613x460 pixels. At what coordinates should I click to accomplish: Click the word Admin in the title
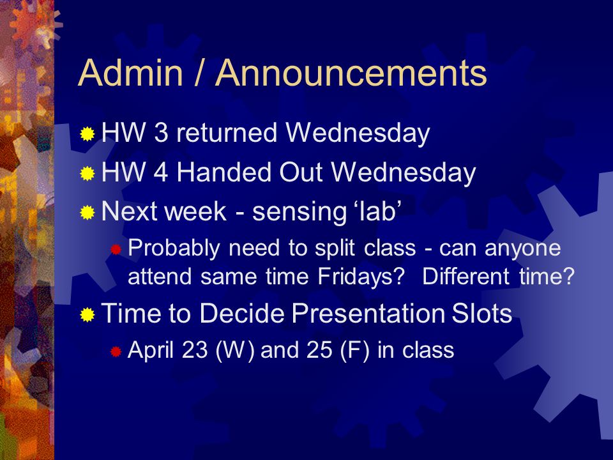[131, 73]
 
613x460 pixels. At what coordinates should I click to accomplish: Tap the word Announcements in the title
[351, 73]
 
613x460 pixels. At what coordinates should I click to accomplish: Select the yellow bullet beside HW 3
[87, 134]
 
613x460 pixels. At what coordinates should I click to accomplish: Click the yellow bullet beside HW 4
[87, 173]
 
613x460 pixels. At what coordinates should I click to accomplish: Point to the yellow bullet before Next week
[87, 212]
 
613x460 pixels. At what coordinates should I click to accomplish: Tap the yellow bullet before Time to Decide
[87, 314]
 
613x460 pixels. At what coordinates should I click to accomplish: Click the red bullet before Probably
[116, 249]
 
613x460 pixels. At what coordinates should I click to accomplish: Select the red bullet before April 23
[116, 351]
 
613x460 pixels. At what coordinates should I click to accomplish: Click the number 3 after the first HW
[161, 132]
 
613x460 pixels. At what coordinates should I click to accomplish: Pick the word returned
[227, 132]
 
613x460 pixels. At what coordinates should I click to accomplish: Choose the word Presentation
[368, 313]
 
